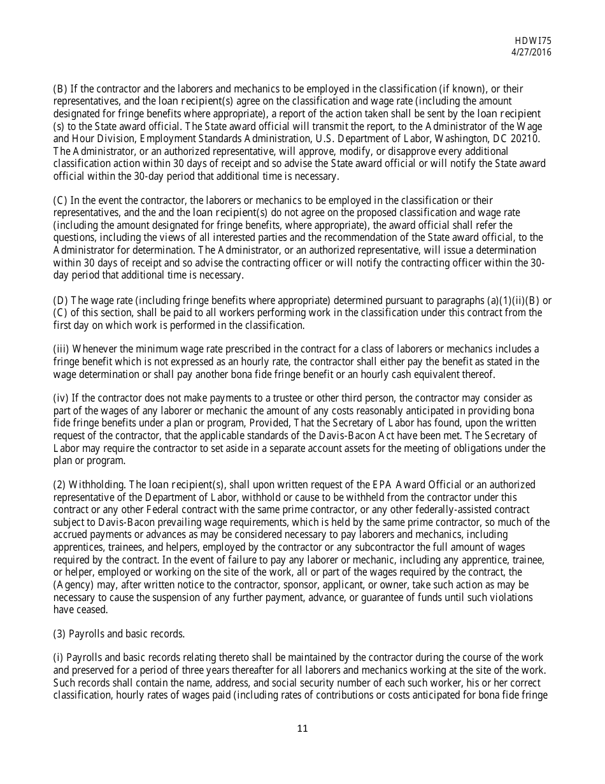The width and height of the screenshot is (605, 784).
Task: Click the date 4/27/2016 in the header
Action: pos(531,52)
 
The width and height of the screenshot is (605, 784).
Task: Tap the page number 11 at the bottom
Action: pos(302,729)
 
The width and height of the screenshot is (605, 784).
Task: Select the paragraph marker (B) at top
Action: pos(60,89)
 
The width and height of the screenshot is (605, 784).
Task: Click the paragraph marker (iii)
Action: pos(61,349)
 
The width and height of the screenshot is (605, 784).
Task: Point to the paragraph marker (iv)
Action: pos(61,398)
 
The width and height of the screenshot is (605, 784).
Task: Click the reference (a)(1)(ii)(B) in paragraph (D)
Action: pos(508,300)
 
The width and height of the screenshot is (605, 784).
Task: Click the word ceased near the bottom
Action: pos(93,609)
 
